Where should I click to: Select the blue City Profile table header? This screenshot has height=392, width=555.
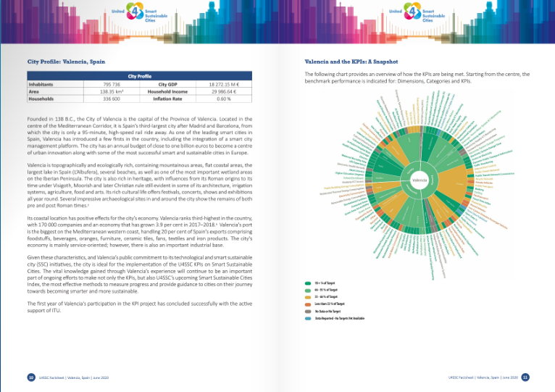[x=139, y=76]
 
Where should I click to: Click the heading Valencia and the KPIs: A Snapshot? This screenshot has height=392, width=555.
[x=351, y=62]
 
